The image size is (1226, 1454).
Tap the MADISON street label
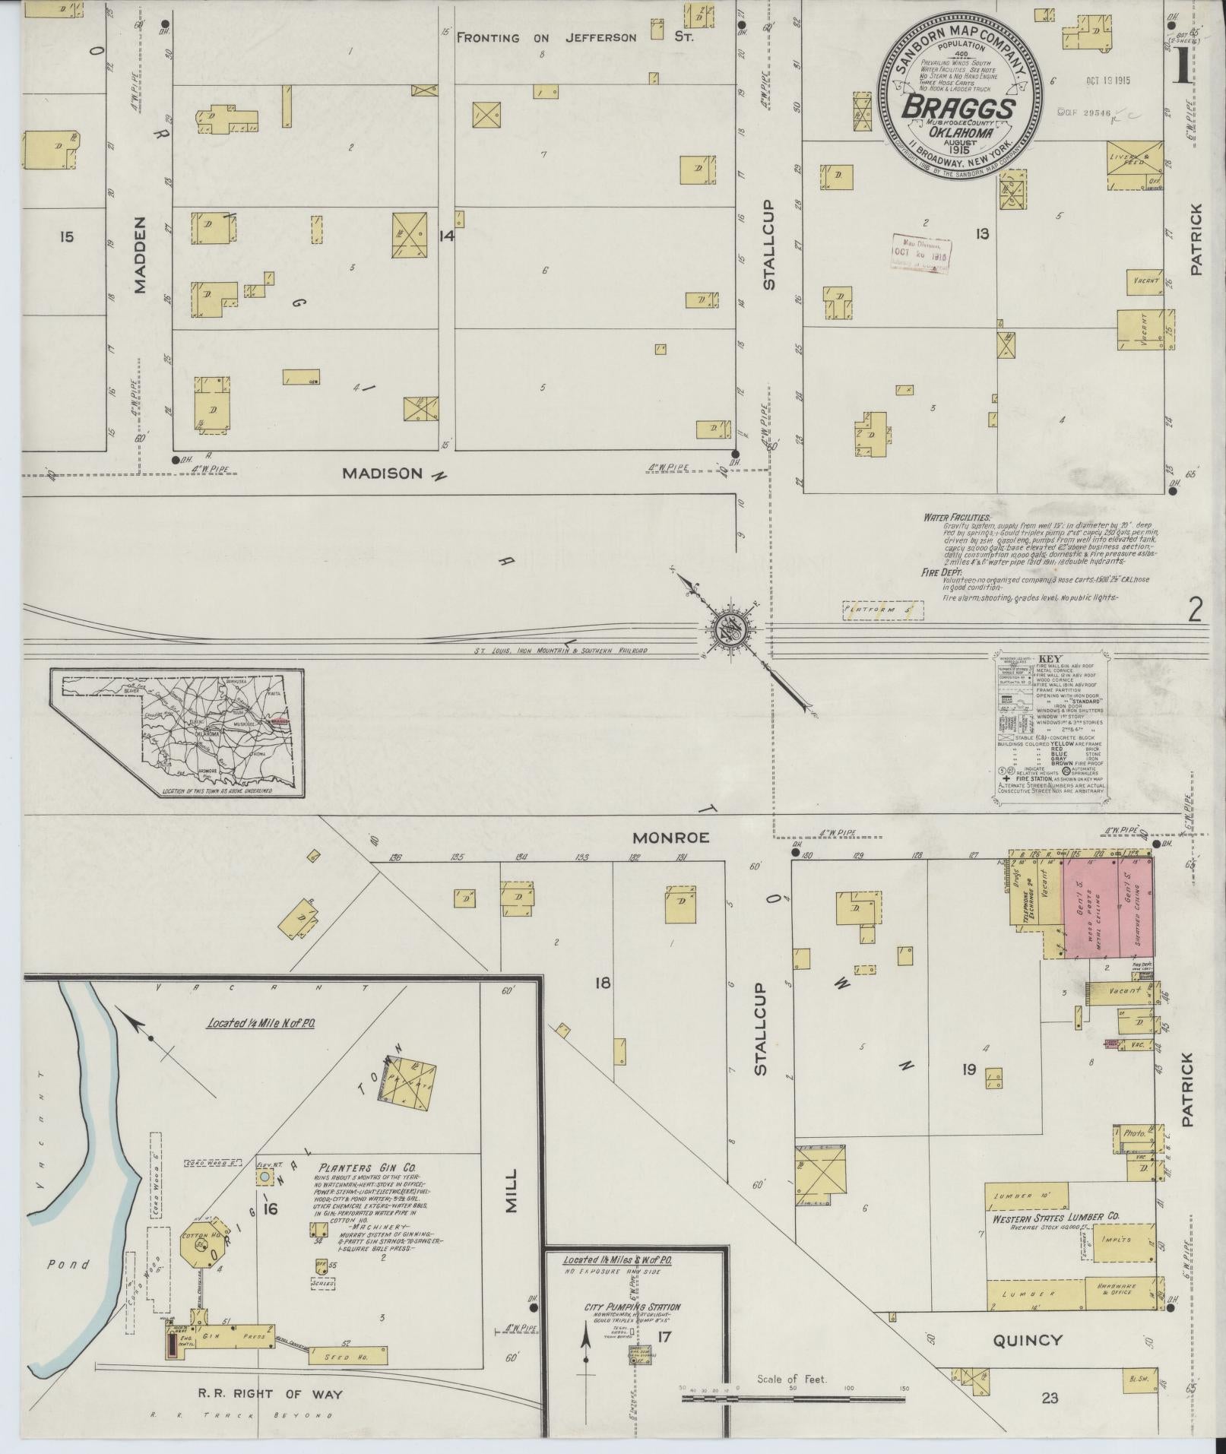[382, 474]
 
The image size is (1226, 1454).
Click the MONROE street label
[671, 838]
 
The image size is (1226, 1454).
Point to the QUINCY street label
[1026, 1340]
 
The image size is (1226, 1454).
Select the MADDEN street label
[140, 255]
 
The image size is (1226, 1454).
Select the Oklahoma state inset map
[177, 734]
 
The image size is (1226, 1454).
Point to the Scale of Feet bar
[793, 1397]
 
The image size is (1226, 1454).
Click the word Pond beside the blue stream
[68, 1265]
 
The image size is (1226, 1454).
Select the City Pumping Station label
[632, 1307]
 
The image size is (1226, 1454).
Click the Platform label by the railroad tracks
[882, 610]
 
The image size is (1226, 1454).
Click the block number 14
[446, 236]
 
